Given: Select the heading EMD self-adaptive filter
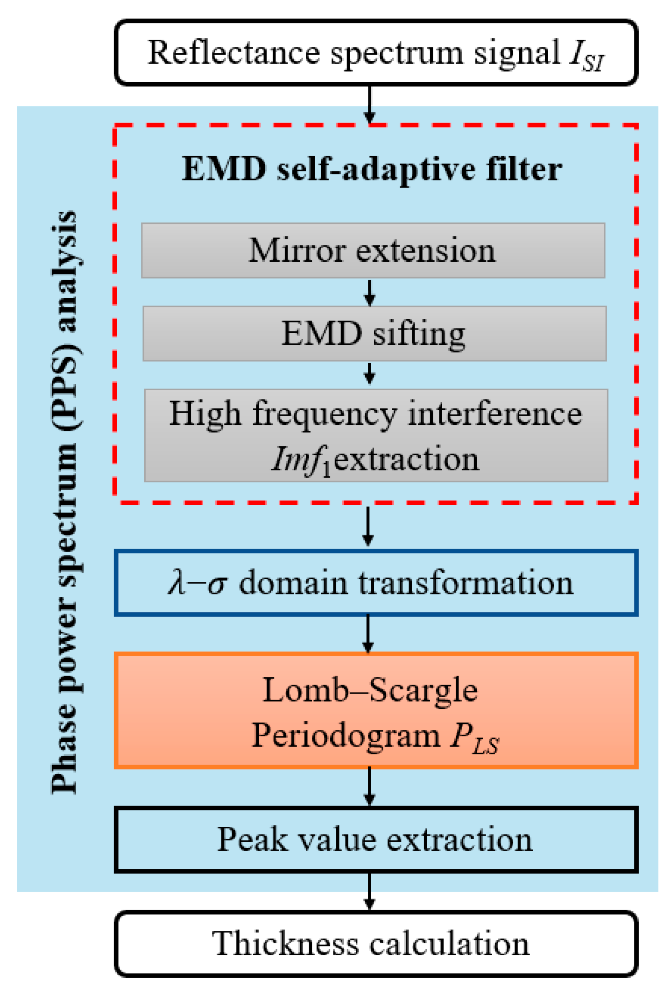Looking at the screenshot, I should pos(372,169).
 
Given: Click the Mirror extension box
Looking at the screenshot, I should pos(373,251).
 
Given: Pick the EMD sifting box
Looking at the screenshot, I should pos(374,334).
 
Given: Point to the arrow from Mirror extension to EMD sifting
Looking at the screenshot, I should pos(370,293).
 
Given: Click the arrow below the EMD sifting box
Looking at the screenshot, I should pos(370,374).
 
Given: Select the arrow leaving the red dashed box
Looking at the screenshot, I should pos(368,526).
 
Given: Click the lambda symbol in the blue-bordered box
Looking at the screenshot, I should pos(177,582).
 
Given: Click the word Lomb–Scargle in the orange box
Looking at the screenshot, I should pos(370,690).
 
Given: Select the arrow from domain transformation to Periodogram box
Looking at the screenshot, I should pos(368,633).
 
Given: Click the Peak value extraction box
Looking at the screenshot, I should pos(375,839).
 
